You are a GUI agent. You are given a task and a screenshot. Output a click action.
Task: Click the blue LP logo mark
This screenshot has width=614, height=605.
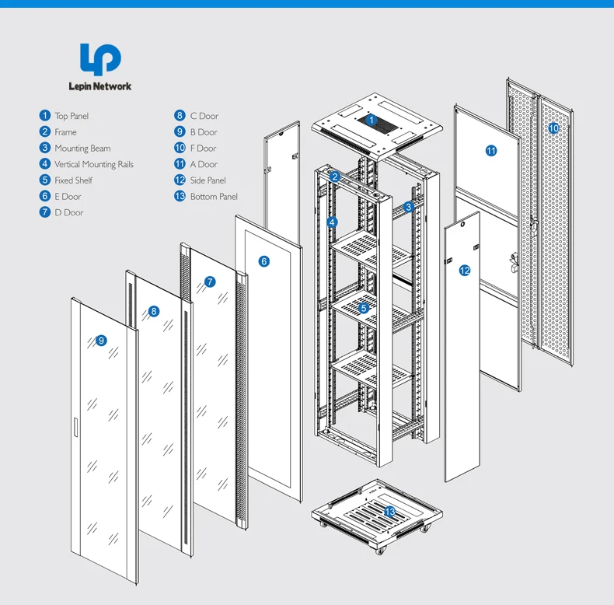tap(101, 60)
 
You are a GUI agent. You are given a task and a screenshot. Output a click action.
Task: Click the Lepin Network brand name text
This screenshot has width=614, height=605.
tap(101, 86)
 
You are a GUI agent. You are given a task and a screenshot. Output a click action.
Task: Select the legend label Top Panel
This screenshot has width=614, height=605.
tap(72, 116)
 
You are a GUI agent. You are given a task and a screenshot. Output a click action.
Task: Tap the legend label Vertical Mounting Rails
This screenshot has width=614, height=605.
tap(94, 164)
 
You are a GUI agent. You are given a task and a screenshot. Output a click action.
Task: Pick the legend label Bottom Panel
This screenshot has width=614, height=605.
tap(214, 197)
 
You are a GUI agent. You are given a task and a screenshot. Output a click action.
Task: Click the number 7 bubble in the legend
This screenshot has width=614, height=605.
tap(45, 212)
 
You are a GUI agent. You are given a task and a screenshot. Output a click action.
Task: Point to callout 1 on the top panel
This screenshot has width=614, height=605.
tap(372, 121)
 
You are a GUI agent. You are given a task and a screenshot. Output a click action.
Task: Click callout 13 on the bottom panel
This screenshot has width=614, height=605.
tap(389, 511)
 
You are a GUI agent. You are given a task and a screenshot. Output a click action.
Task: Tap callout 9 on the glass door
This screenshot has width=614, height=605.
tap(100, 340)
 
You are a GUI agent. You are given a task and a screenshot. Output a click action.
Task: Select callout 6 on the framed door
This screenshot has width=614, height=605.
tap(264, 261)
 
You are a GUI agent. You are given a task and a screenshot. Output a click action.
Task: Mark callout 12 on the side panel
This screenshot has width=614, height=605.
tap(465, 271)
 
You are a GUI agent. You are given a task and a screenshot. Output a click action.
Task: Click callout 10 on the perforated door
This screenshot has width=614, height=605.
tap(553, 128)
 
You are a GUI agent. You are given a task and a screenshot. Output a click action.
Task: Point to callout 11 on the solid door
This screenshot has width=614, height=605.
tap(491, 151)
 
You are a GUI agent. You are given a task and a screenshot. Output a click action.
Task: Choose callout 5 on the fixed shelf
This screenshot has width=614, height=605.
tap(363, 308)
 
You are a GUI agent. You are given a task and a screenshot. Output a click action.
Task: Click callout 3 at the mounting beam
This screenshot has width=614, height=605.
tap(408, 207)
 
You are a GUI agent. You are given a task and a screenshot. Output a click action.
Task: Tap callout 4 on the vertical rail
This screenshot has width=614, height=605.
tap(332, 222)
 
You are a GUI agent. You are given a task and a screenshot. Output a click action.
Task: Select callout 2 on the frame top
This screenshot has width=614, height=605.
tap(334, 177)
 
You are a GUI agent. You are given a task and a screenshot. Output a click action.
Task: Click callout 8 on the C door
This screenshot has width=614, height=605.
tap(154, 311)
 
